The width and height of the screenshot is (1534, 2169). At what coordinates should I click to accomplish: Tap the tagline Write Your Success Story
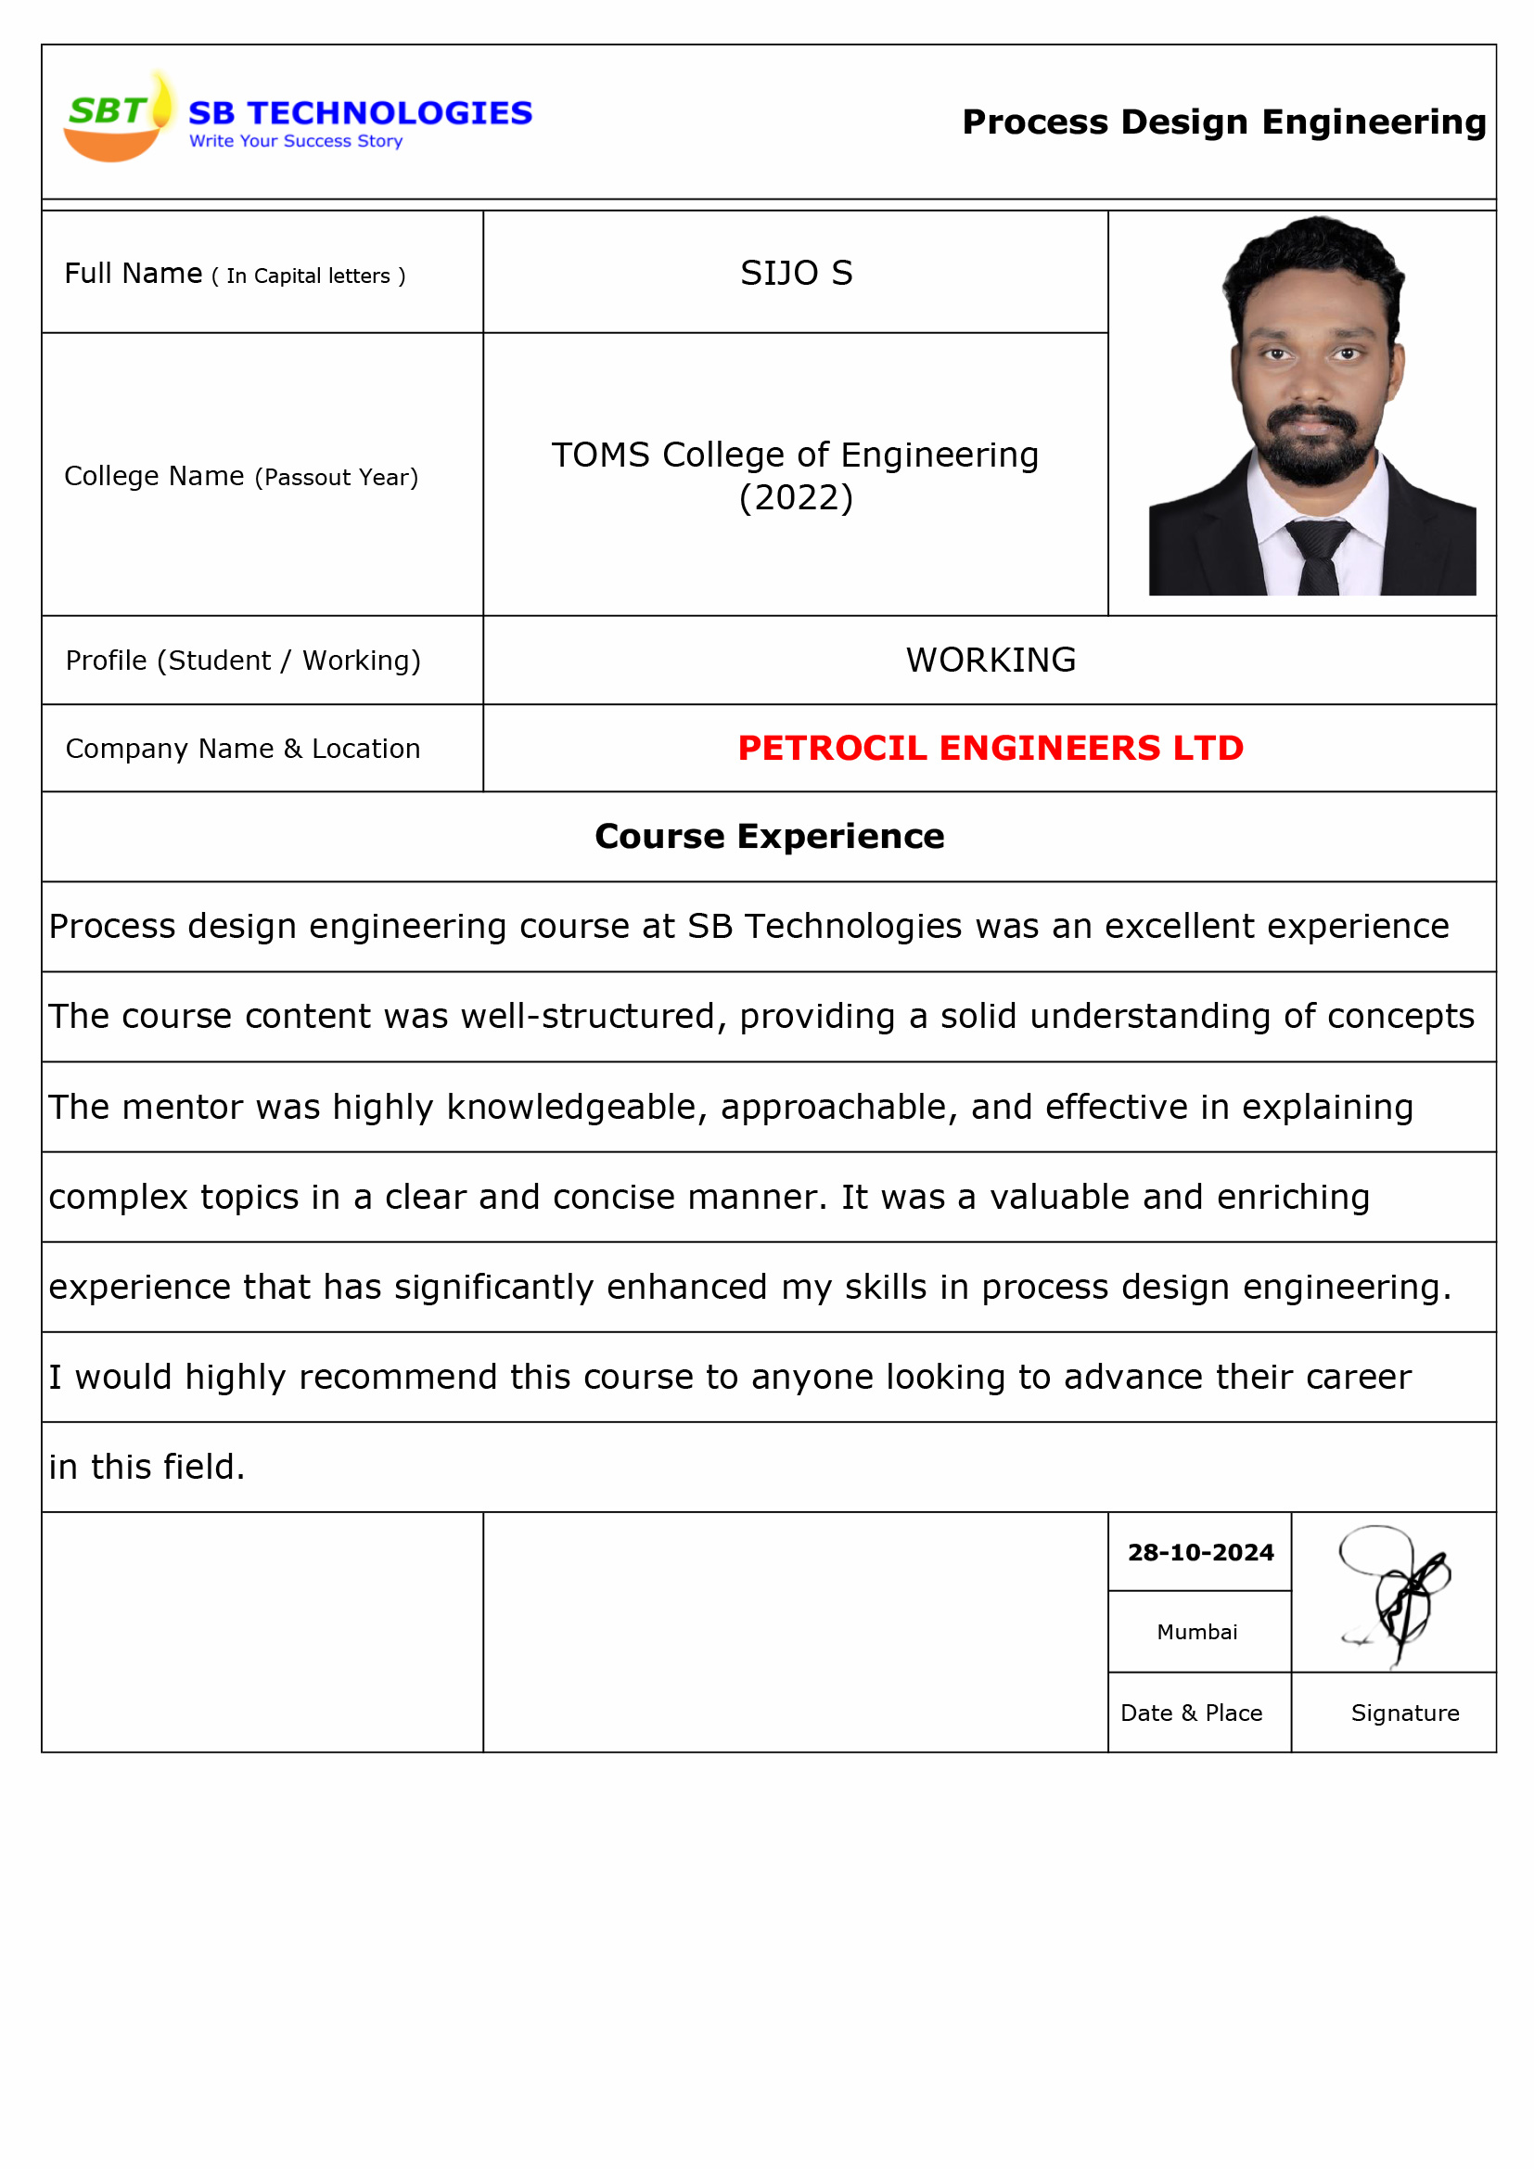pos(296,142)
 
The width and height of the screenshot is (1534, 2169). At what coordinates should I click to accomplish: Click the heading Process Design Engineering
pos(1223,122)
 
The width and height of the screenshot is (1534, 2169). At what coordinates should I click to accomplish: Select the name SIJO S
pos(796,273)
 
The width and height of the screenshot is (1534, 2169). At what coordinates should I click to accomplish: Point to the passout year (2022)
pos(796,498)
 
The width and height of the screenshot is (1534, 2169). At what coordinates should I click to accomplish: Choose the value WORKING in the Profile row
pos(990,661)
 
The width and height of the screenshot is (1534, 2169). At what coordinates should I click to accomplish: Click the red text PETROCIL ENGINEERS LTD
pos(990,748)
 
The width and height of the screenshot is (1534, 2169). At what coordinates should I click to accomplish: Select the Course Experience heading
pos(769,836)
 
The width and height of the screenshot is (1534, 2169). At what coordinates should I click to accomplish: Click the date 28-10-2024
pos(1199,1552)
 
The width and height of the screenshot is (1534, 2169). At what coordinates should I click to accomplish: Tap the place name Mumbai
pos(1196,1632)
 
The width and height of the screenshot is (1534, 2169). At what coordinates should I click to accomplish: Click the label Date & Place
pos(1190,1713)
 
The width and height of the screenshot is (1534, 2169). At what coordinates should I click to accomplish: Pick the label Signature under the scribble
pos(1403,1713)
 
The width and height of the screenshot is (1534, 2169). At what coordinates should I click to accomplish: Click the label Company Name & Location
pos(243,748)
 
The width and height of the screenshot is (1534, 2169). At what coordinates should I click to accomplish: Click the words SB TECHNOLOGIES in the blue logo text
pos(360,113)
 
